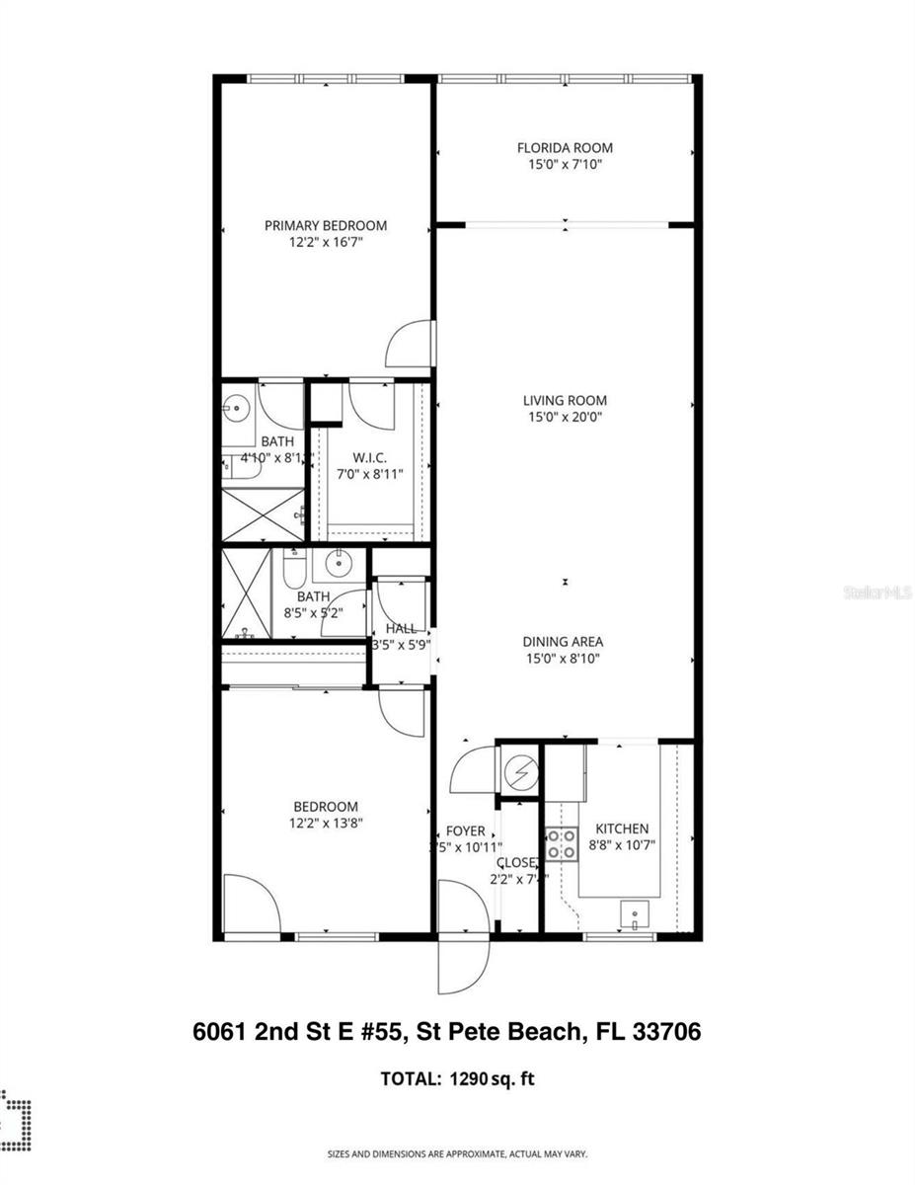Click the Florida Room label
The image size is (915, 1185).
point(565,148)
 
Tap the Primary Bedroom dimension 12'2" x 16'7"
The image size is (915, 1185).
point(325,242)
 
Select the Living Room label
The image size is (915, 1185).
point(565,400)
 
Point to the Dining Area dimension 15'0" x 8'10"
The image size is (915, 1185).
point(563,658)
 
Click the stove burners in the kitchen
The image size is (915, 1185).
point(563,844)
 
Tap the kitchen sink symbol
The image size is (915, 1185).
point(633,915)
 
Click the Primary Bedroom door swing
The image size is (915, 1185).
point(408,345)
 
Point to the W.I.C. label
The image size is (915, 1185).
point(368,458)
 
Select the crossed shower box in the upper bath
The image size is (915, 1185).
point(262,514)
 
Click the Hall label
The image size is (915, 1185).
point(401,628)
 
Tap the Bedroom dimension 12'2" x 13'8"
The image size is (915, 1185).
point(325,823)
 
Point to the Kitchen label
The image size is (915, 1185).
point(622,829)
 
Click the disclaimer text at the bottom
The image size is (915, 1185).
point(457,1153)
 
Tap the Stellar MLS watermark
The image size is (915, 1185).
point(877,593)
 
